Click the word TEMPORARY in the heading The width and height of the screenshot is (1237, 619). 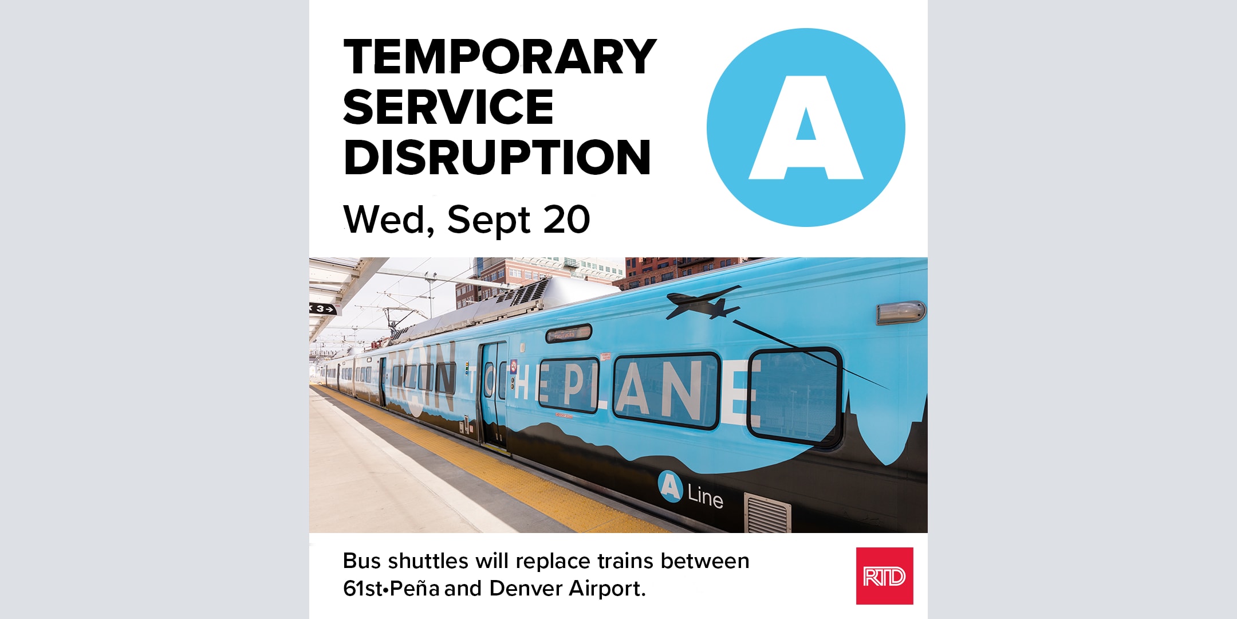pyautogui.click(x=500, y=57)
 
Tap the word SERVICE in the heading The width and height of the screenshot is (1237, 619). pyautogui.click(x=448, y=107)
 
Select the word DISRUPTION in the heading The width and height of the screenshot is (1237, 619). pyautogui.click(x=497, y=157)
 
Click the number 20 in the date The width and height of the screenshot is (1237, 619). pyautogui.click(x=566, y=220)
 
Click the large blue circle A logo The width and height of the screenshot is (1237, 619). pyautogui.click(x=806, y=127)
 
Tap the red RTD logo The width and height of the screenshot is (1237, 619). pyautogui.click(x=885, y=576)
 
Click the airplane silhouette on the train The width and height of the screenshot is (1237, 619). pyautogui.click(x=703, y=303)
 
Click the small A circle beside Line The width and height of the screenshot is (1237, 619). pyautogui.click(x=671, y=487)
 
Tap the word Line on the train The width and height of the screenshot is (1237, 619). pyautogui.click(x=706, y=496)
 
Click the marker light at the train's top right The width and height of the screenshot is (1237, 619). pyautogui.click(x=900, y=312)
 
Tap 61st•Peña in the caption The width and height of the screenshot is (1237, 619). pyautogui.click(x=392, y=589)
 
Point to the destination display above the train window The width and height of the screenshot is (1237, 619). pyautogui.click(x=568, y=333)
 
